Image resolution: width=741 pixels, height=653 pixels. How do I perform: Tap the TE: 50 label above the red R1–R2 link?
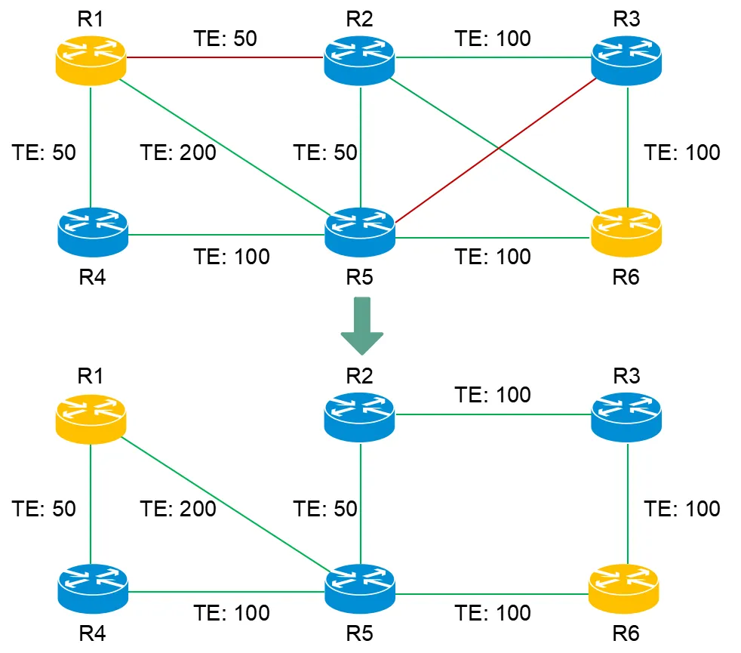click(x=225, y=39)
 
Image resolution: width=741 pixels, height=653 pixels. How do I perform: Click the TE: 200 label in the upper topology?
click(x=178, y=152)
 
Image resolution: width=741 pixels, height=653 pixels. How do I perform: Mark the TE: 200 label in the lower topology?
click(x=178, y=509)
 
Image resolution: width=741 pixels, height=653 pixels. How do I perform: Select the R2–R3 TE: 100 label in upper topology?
click(x=493, y=39)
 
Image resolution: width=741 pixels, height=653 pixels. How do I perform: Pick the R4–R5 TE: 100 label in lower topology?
click(x=232, y=612)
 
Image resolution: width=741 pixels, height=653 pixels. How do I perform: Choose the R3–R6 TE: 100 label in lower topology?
click(x=682, y=509)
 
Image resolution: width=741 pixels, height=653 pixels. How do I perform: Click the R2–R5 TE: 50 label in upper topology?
click(x=325, y=152)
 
